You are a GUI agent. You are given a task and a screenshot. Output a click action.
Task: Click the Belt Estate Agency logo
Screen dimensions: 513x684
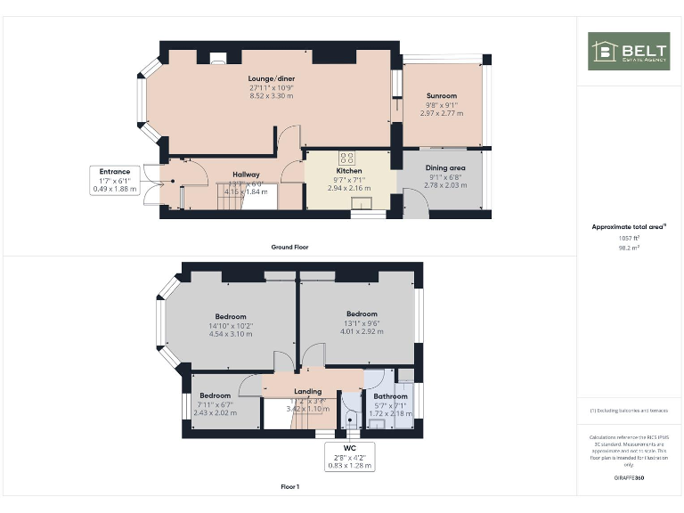click(x=630, y=52)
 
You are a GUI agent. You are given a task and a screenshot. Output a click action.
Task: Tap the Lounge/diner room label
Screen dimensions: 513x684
click(x=272, y=79)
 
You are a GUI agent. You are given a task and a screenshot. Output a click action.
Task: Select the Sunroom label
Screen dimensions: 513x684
click(x=441, y=96)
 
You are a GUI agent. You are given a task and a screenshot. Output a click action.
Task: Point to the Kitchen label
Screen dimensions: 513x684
click(x=348, y=170)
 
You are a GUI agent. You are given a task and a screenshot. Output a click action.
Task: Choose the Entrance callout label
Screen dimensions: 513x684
click(x=115, y=171)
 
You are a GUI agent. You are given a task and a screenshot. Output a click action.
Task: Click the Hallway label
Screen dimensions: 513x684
click(x=247, y=175)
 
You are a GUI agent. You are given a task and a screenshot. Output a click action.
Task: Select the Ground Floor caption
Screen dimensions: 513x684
click(x=289, y=247)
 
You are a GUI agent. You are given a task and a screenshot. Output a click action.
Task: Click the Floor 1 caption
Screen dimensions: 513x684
click(x=289, y=487)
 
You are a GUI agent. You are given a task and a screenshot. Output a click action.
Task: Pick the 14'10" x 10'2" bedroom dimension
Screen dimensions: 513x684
click(x=231, y=326)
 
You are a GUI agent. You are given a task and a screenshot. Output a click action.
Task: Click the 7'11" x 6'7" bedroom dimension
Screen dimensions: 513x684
click(x=215, y=404)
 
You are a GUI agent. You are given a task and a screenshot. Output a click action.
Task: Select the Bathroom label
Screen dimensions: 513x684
click(x=390, y=396)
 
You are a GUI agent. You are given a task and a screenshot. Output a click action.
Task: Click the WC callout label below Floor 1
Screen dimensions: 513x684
click(x=348, y=447)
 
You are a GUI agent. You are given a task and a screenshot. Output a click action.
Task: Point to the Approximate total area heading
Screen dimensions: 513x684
click(x=629, y=227)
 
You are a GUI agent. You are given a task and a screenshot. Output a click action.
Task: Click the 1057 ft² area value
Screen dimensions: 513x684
click(x=629, y=238)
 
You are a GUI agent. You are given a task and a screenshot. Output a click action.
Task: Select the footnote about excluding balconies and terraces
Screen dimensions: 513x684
click(x=629, y=411)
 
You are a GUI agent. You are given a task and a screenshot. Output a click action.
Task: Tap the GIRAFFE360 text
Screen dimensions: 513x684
click(x=629, y=479)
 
